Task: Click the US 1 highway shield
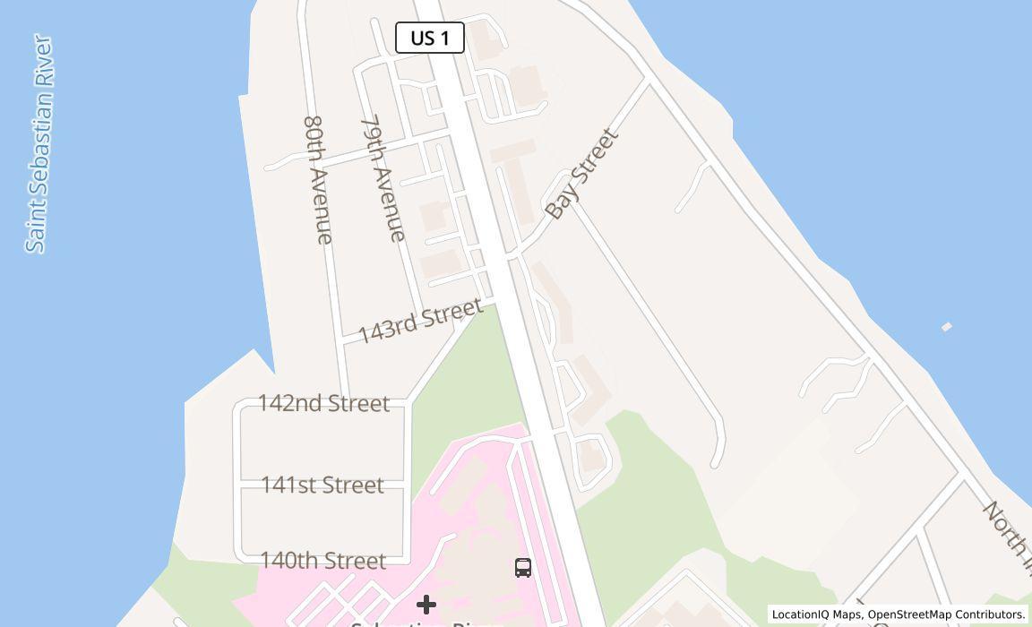pyautogui.click(x=429, y=38)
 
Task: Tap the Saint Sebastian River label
pyautogui.click(x=39, y=143)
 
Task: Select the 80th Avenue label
pyautogui.click(x=318, y=179)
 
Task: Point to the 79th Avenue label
pyautogui.click(x=383, y=177)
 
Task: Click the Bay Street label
pyautogui.click(x=581, y=174)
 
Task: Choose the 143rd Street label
pyautogui.click(x=420, y=320)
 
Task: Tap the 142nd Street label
pyautogui.click(x=323, y=403)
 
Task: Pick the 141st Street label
pyautogui.click(x=322, y=485)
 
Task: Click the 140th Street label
pyautogui.click(x=322, y=561)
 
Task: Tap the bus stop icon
pyautogui.click(x=523, y=567)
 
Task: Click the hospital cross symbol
pyautogui.click(x=426, y=605)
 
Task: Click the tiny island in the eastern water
pyautogui.click(x=946, y=327)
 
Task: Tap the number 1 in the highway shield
pyautogui.click(x=445, y=38)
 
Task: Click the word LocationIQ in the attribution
pyautogui.click(x=800, y=614)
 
